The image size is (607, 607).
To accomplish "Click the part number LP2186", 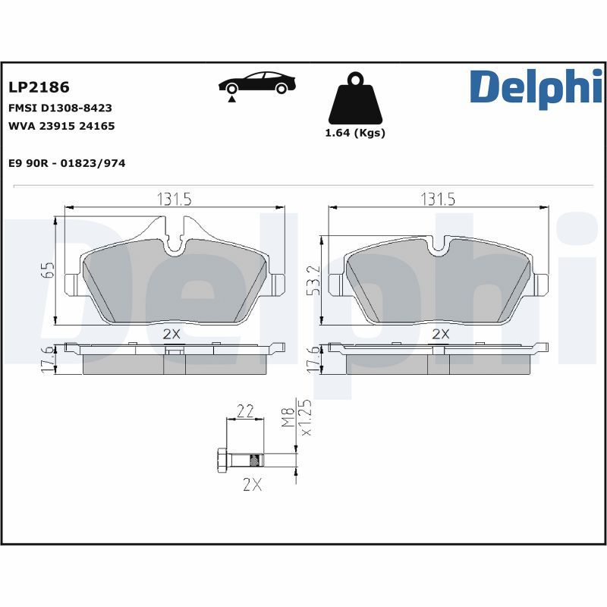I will (x=38, y=88).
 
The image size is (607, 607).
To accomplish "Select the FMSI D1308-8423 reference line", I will (x=61, y=109).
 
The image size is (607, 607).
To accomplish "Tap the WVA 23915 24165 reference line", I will (x=61, y=126).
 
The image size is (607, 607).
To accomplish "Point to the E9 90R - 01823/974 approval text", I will (x=67, y=163).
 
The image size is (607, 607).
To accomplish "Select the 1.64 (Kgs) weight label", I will (x=355, y=133).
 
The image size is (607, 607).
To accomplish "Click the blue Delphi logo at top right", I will (x=535, y=86).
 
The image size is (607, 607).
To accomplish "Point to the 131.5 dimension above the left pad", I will (x=174, y=199).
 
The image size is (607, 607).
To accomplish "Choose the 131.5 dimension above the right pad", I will (x=438, y=199).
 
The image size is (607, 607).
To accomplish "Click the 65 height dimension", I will (x=47, y=271).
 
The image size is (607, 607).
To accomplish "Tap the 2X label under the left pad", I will (x=171, y=333).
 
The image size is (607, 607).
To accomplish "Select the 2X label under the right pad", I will (x=441, y=333).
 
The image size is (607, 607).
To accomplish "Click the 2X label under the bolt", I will (x=252, y=486).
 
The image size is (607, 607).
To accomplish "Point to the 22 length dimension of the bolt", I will (x=245, y=411).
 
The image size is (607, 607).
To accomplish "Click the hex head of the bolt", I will (x=222, y=460).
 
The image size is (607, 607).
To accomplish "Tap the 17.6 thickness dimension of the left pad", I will (x=47, y=360).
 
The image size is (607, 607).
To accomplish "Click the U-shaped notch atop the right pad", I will (x=438, y=244).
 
